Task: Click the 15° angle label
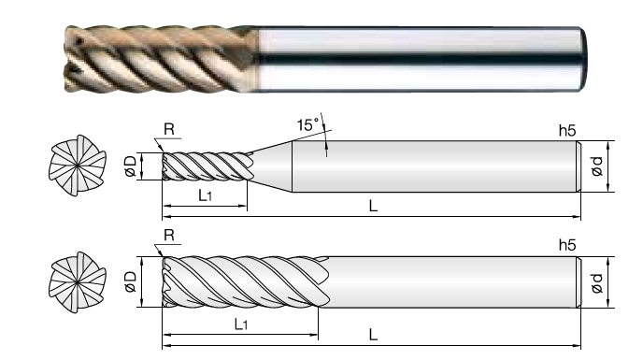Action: click(x=308, y=124)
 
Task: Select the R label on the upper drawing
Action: click(x=169, y=129)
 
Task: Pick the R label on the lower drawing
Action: click(x=169, y=236)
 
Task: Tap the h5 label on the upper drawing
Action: click(x=567, y=131)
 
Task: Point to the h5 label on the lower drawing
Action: click(x=567, y=245)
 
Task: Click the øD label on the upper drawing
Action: click(x=131, y=166)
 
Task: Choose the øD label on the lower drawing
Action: click(x=131, y=281)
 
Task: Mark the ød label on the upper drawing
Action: click(x=596, y=166)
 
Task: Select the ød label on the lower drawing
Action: click(x=596, y=283)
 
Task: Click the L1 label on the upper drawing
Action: click(x=205, y=195)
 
